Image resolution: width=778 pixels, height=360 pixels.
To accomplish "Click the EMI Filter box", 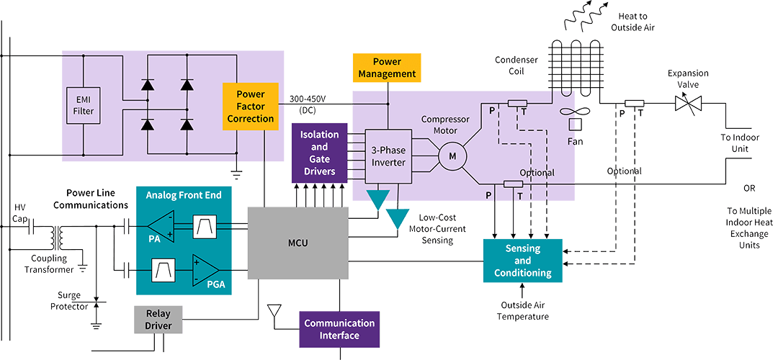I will click(84, 106).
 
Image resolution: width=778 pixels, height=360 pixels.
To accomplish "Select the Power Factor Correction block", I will click(250, 106).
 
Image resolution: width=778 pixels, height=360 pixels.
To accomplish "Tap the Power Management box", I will click(387, 68).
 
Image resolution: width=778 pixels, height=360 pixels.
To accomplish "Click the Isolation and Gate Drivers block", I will click(319, 153).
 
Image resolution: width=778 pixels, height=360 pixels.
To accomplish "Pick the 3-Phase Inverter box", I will click(389, 156).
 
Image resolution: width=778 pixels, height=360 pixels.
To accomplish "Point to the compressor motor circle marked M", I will click(452, 156).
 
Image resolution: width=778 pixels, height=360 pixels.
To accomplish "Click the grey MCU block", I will click(298, 243).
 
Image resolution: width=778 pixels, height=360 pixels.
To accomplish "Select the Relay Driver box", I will click(158, 320).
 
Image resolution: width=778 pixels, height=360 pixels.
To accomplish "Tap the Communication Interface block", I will click(339, 329).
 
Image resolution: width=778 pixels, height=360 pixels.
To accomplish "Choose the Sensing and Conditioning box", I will click(522, 261).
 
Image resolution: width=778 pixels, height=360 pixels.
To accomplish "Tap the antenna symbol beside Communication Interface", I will click(274, 312).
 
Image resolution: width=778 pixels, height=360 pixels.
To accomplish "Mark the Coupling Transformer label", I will click(49, 263).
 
